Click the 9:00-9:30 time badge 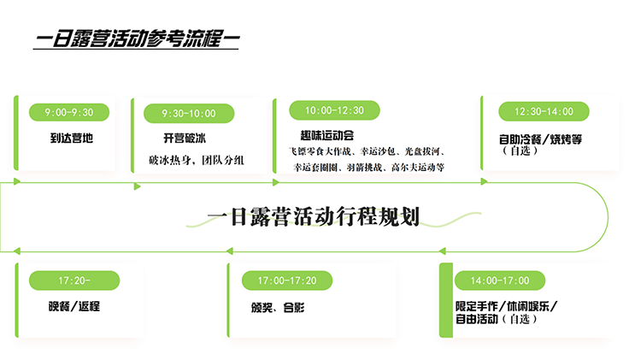point(69,111)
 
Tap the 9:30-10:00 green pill point(189,113)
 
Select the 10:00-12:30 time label point(335,110)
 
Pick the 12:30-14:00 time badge point(544,111)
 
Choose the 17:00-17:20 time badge point(287,280)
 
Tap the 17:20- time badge point(74,280)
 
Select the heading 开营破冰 point(185,138)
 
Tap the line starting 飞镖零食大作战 point(368,150)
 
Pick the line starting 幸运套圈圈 point(368,168)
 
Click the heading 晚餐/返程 point(74,305)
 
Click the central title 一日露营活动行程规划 point(314,216)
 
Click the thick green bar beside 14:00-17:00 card point(444,299)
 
